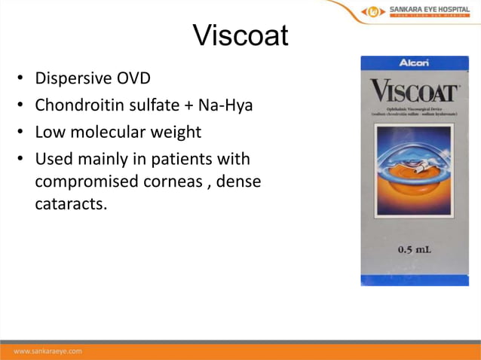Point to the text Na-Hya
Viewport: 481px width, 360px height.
pyautogui.click(x=228, y=105)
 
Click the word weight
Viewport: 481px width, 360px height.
pyautogui.click(x=175, y=133)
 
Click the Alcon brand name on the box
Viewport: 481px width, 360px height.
pyautogui.click(x=414, y=63)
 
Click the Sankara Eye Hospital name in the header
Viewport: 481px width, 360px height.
pyautogui.click(x=428, y=10)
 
